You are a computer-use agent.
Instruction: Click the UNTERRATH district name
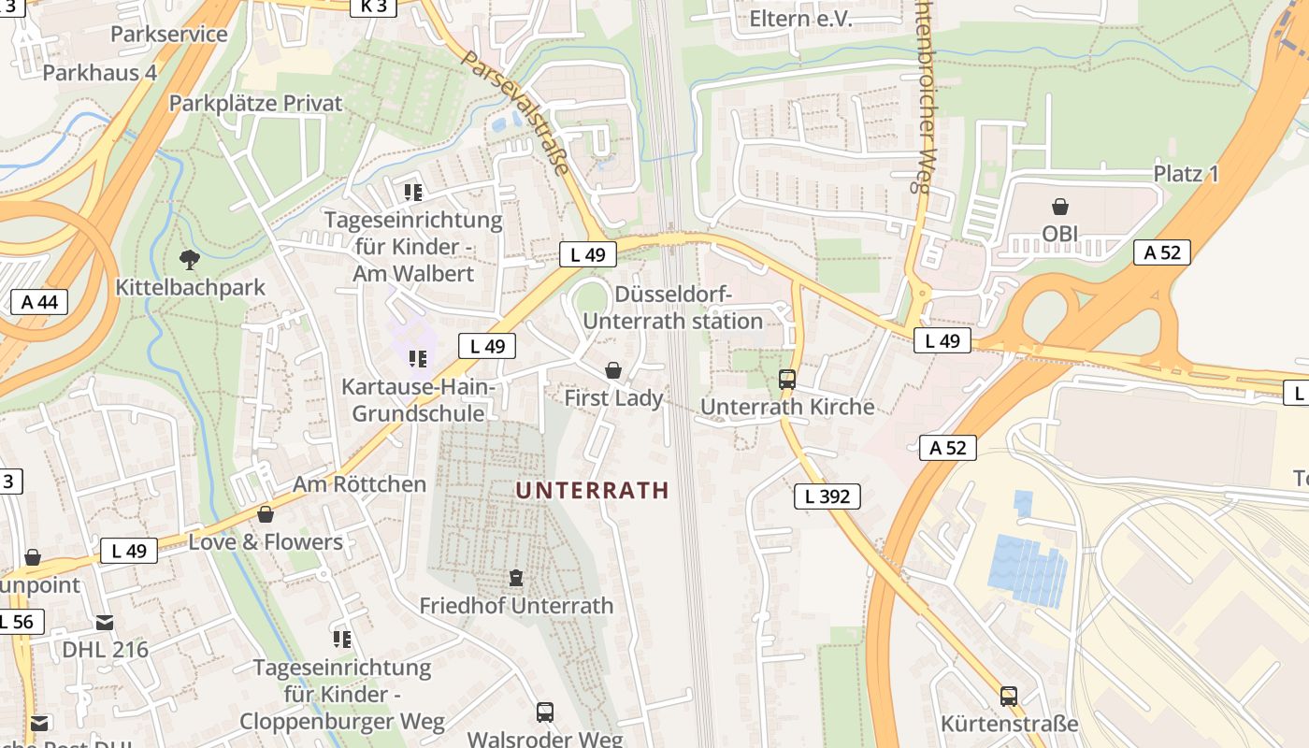click(592, 490)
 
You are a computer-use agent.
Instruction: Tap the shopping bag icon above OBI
click(1060, 207)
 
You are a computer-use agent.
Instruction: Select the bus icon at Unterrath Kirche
click(787, 380)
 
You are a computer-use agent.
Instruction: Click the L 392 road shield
click(827, 496)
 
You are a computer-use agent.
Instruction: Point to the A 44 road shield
click(39, 301)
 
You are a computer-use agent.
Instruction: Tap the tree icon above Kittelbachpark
click(190, 259)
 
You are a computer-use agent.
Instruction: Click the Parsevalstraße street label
click(515, 113)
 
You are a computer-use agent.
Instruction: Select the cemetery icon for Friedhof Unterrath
click(516, 579)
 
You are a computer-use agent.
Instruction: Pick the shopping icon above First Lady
click(613, 371)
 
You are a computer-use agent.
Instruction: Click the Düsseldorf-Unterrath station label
click(673, 308)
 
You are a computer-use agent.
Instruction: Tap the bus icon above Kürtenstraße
click(1009, 697)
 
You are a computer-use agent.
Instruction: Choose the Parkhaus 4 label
click(99, 73)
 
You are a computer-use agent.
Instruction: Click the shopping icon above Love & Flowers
click(266, 514)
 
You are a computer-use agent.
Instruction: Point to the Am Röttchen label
click(359, 483)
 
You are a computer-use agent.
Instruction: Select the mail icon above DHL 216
click(105, 623)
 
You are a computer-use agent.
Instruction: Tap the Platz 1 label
click(1186, 174)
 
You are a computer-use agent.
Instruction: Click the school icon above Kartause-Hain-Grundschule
click(417, 359)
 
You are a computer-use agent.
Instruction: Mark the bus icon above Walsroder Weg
click(545, 712)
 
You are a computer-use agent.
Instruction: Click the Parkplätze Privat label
click(255, 103)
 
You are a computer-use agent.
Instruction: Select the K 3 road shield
click(373, 7)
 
